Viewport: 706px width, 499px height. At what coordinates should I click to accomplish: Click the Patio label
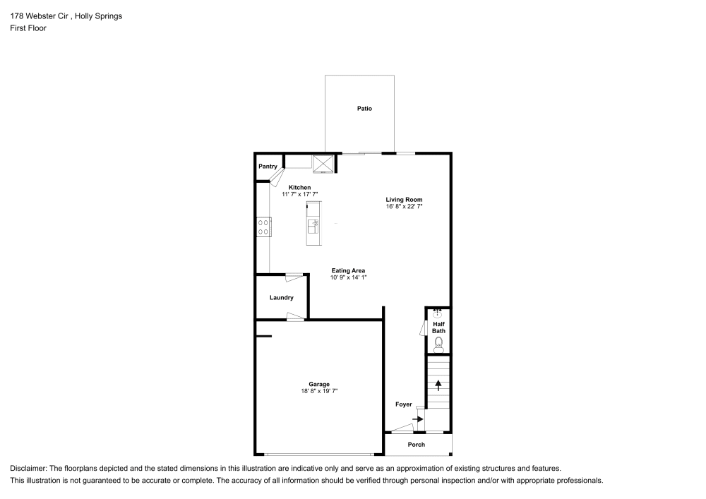click(364, 109)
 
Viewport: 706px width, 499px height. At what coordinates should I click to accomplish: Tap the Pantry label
click(268, 167)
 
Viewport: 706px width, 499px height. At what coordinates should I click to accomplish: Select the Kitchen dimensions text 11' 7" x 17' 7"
click(300, 194)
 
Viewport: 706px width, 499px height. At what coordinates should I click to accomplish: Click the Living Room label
click(404, 200)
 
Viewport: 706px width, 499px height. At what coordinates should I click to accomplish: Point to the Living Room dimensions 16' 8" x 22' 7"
click(404, 207)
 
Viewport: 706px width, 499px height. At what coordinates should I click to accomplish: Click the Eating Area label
click(349, 270)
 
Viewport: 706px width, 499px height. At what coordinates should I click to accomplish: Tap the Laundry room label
click(281, 298)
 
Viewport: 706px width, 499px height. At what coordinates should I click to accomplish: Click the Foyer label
click(403, 404)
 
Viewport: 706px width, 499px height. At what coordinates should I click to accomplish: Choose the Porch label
click(417, 445)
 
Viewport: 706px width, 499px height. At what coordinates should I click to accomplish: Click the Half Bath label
click(438, 327)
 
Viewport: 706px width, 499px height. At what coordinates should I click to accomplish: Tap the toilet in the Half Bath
click(438, 344)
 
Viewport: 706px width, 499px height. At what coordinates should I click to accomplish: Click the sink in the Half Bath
click(438, 312)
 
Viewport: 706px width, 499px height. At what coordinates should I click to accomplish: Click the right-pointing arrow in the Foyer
click(418, 419)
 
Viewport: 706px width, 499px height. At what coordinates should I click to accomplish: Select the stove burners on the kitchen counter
click(263, 227)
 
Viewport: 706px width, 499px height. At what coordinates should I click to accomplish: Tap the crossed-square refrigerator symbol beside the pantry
click(324, 164)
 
